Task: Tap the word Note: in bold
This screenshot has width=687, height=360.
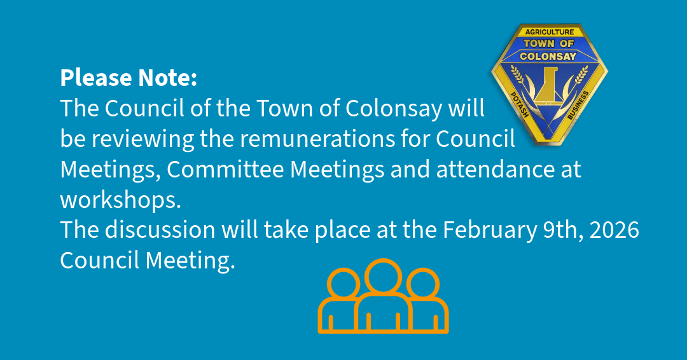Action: [x=168, y=78]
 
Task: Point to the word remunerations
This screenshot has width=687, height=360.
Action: [x=317, y=139]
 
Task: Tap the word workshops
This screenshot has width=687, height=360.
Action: [x=120, y=200]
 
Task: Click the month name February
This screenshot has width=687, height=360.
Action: [x=490, y=231]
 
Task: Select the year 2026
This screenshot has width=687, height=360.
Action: [x=614, y=230]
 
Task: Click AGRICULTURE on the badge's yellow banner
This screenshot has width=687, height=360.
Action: [x=550, y=32]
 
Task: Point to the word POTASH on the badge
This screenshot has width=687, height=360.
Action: [x=520, y=105]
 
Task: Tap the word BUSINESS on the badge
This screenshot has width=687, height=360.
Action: [x=578, y=105]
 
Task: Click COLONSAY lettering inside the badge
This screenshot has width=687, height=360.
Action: [x=548, y=56]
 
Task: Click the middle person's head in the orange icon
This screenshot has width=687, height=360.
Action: [x=383, y=277]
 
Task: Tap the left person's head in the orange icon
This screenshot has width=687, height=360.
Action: [x=343, y=284]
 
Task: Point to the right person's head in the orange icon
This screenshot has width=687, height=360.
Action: [x=423, y=284]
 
